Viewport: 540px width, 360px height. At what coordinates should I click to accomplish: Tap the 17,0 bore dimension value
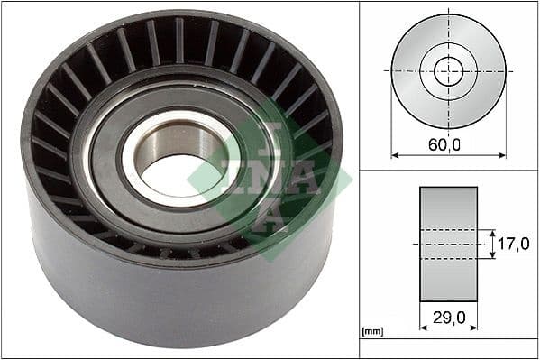[x=511, y=244]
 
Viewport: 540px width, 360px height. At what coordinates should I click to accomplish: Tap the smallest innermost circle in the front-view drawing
[x=448, y=70]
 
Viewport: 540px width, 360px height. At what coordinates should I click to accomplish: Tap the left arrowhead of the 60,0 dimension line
[x=395, y=154]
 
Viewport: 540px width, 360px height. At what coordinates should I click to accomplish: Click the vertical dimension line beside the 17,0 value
[x=492, y=244]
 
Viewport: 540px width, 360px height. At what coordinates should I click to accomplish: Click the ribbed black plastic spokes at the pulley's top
[x=180, y=41]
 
